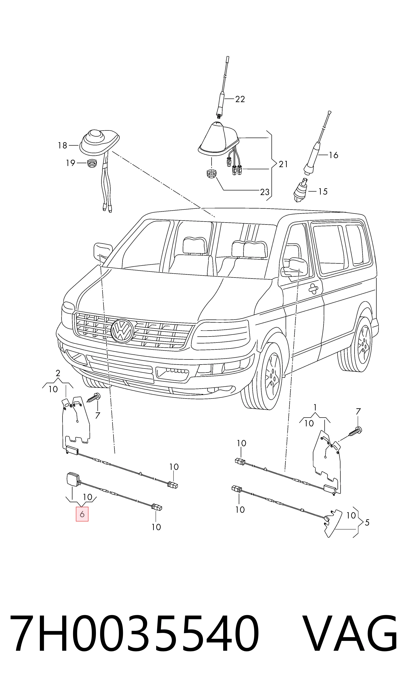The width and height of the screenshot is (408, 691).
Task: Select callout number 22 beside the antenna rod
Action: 240,99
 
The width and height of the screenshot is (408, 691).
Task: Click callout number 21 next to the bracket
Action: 283,164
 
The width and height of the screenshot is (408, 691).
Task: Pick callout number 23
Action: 265,192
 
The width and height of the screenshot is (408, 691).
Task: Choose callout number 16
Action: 334,155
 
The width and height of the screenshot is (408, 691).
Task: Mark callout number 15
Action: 323,191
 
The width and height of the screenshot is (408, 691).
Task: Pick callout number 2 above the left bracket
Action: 58,373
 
